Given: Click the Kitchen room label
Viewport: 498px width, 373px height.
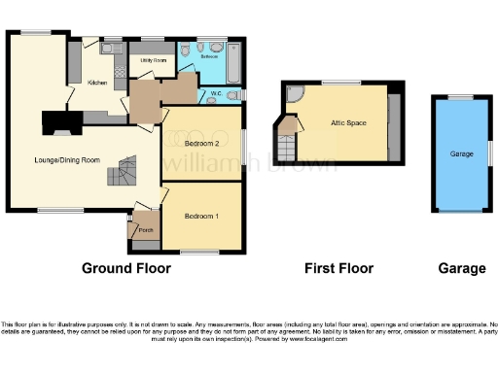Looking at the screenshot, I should tap(97, 83).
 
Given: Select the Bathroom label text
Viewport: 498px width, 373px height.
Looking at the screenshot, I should tap(208, 57).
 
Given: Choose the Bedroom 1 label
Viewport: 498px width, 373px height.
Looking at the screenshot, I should tap(201, 216).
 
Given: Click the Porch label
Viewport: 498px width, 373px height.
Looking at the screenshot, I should tap(146, 230).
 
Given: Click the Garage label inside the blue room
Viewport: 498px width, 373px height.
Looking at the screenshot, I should tap(461, 153).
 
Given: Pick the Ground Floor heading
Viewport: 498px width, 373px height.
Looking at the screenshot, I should tap(125, 268).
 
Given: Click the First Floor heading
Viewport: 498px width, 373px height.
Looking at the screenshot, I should tap(339, 268).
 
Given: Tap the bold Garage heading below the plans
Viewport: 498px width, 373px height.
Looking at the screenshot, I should tap(461, 268).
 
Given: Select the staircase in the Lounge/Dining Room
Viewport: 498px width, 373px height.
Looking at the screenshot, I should tap(120, 174).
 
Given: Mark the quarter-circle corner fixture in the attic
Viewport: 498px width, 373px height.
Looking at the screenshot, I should tap(294, 93).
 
